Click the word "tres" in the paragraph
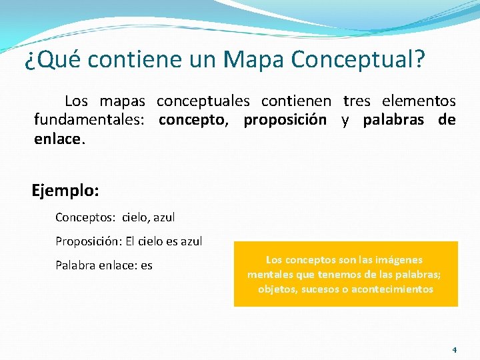pos(357,101)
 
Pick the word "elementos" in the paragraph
pos(419,101)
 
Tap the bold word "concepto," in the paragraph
pos(195,120)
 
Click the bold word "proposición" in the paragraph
pos(285,120)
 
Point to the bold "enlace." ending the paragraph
pos(59,139)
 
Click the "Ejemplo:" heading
pos(65,191)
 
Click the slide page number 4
pos(454,349)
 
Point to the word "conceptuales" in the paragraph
pos(203,101)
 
